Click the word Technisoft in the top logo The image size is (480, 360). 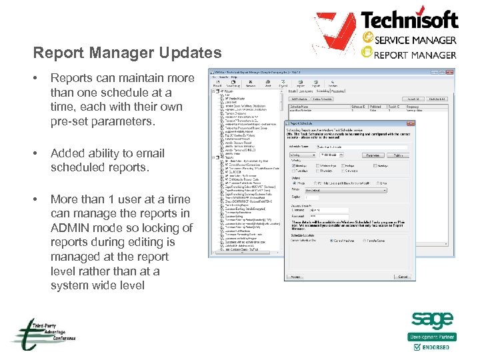pos(409,20)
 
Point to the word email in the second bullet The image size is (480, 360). pos(150,153)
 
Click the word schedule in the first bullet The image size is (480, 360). pos(123,93)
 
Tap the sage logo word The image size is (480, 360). pos(431,321)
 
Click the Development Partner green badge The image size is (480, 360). pos(432,337)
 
